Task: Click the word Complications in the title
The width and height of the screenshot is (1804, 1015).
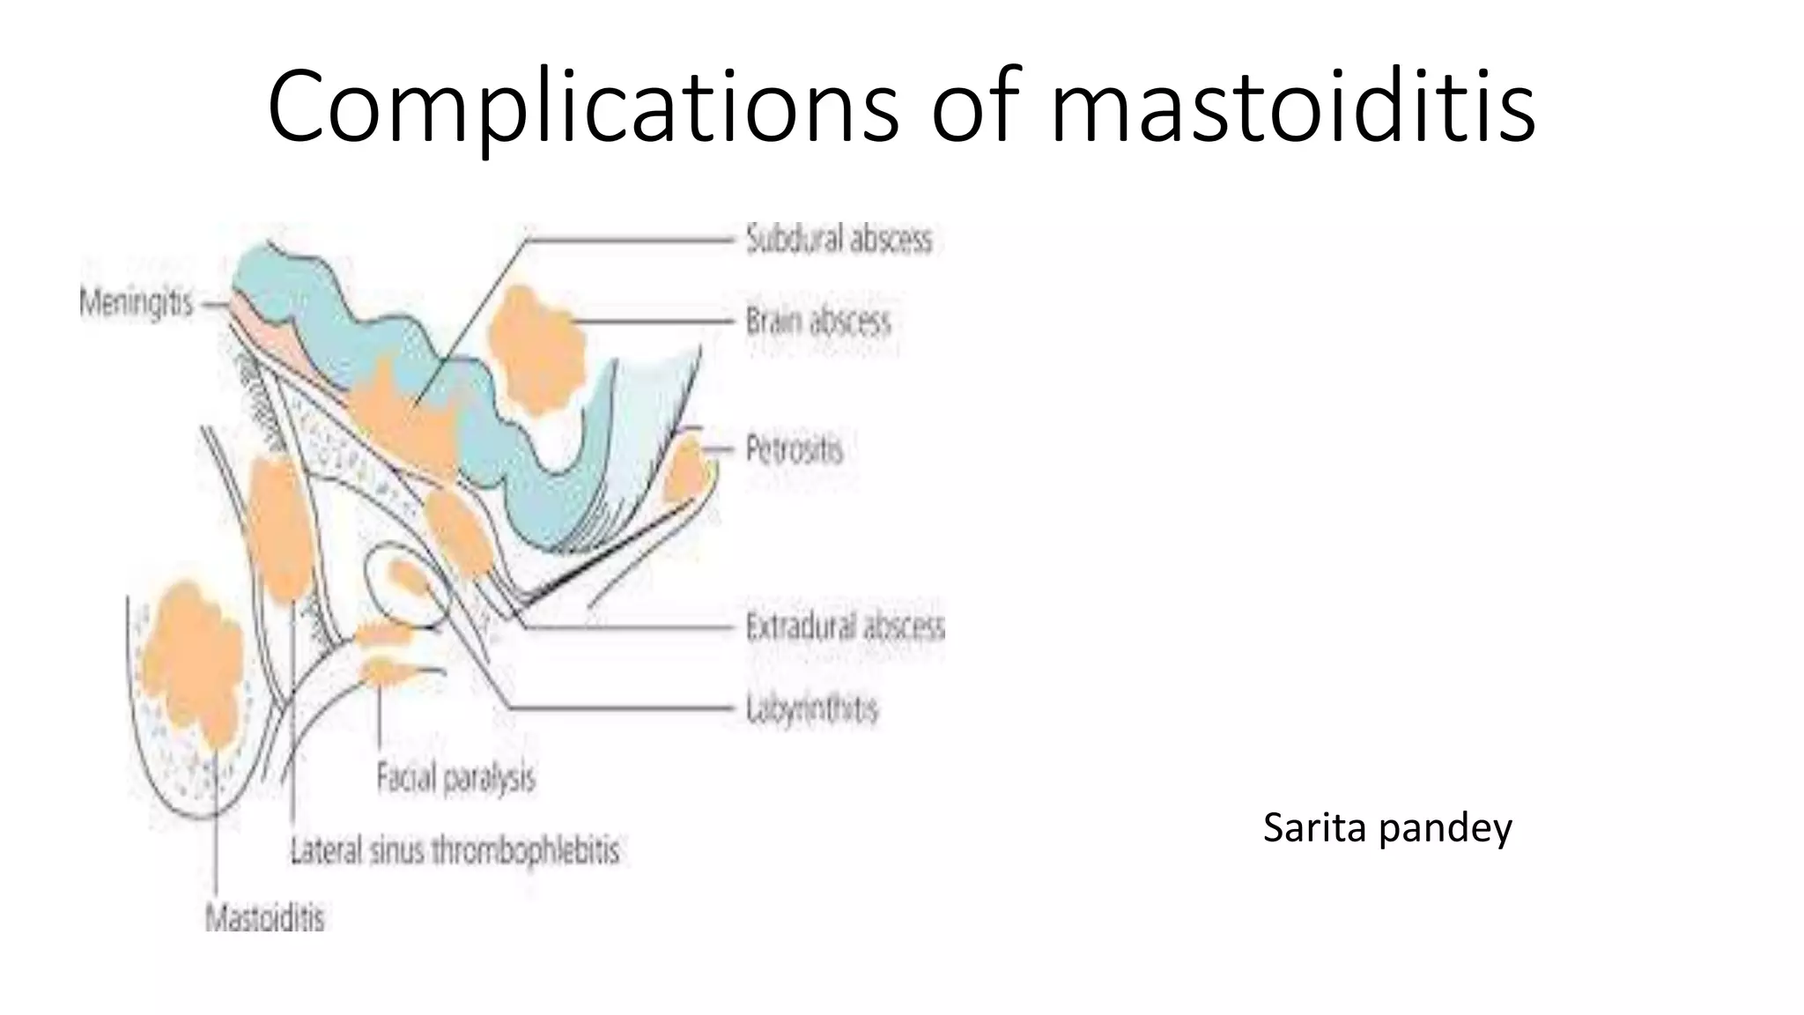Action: click(582, 107)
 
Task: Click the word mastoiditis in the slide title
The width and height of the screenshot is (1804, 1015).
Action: click(1293, 107)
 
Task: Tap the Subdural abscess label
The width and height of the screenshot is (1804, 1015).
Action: click(838, 239)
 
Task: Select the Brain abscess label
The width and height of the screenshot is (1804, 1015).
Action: click(817, 321)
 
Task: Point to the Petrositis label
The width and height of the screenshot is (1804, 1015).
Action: click(794, 449)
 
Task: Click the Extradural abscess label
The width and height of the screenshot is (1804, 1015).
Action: click(844, 626)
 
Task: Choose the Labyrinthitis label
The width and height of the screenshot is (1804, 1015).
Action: click(811, 708)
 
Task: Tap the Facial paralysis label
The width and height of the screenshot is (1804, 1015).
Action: click(455, 778)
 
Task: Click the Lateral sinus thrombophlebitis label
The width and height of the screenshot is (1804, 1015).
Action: click(455, 850)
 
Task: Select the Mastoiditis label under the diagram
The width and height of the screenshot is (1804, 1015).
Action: click(264, 918)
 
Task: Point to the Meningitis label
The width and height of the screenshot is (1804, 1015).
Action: click(136, 304)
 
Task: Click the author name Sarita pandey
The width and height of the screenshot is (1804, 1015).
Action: click(1386, 827)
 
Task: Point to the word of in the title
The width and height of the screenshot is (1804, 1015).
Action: click(975, 107)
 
